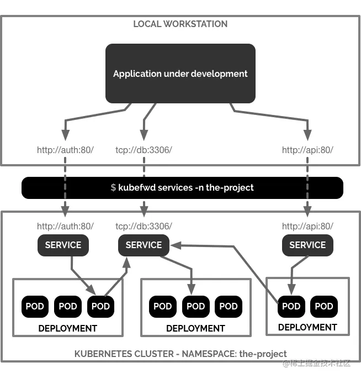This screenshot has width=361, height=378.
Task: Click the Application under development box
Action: [x=180, y=73]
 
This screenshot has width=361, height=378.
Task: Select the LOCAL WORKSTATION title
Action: [x=180, y=24]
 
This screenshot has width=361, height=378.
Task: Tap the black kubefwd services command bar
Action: [x=182, y=188]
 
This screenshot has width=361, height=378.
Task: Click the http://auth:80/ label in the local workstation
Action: [x=65, y=150]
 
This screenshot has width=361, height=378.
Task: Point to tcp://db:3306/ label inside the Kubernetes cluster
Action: [x=144, y=226]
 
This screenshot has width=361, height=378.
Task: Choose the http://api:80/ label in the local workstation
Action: [x=307, y=150]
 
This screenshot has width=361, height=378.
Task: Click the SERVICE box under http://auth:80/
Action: [x=63, y=245]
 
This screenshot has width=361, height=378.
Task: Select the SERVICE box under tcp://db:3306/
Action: [x=144, y=245]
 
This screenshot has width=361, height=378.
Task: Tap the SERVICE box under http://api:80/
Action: [x=307, y=245]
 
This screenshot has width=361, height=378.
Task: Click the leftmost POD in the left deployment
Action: [x=35, y=306]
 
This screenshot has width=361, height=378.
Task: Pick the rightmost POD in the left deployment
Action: [x=100, y=306]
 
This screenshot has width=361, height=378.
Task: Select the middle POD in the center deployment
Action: [x=195, y=306]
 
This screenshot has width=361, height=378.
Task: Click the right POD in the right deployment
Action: [x=324, y=306]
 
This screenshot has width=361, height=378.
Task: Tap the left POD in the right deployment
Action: [x=291, y=306]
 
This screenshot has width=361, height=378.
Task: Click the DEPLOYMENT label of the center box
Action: [x=195, y=328]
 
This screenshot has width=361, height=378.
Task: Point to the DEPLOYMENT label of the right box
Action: [x=307, y=327]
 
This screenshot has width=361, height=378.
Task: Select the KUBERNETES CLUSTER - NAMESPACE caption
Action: [x=180, y=354]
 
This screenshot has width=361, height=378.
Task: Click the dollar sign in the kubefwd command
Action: [x=113, y=188]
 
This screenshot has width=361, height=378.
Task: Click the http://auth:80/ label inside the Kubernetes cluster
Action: [x=65, y=226]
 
